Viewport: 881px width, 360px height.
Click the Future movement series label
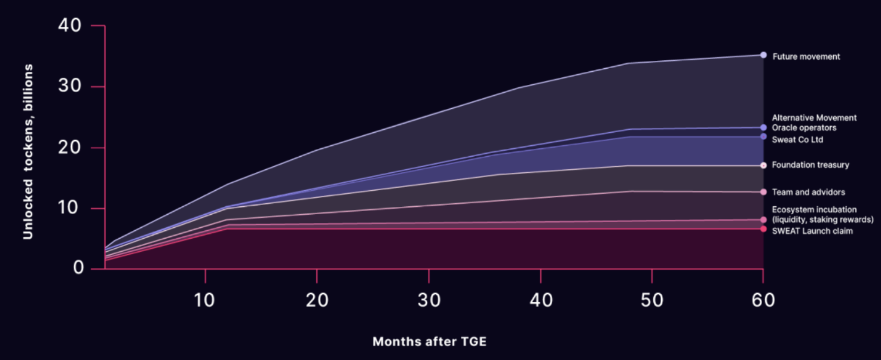coord(806,57)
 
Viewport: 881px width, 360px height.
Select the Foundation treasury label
coord(810,165)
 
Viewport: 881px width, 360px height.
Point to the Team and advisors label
coord(808,193)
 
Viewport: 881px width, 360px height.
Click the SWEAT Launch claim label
coord(812,231)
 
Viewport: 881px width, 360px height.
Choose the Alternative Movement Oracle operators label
coord(813,123)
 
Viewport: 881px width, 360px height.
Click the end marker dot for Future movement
coord(763,55)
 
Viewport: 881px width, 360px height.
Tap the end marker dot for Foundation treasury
coord(763,165)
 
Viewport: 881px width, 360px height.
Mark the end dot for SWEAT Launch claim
coord(763,229)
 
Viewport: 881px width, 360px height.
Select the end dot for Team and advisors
coord(763,192)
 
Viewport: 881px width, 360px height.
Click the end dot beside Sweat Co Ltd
coord(763,137)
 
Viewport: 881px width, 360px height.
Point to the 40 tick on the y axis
coord(71,26)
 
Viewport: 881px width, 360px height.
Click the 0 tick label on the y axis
coord(78,269)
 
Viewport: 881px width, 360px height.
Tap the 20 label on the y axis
coord(71,148)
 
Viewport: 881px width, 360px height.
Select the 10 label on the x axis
coord(205,300)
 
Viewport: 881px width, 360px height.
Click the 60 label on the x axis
coord(763,300)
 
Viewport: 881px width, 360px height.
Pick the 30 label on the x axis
coord(429,300)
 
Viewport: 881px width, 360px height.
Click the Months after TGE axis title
coord(429,342)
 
